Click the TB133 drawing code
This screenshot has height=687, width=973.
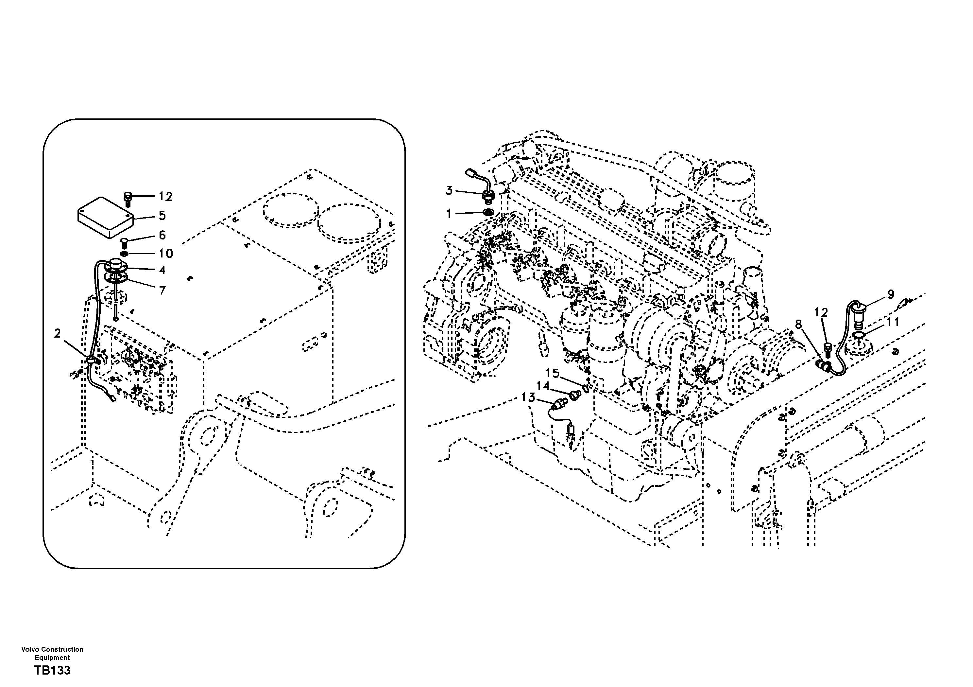tap(52, 671)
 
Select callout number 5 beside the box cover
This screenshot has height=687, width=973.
tap(162, 216)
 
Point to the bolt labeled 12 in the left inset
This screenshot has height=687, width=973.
tap(128, 199)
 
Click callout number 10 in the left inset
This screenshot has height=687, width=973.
tap(166, 254)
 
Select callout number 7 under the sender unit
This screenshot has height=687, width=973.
tap(162, 291)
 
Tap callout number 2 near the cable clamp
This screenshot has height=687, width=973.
tap(58, 334)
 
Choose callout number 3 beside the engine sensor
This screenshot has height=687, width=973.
tap(449, 190)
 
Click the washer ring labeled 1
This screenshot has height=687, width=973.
tap(488, 212)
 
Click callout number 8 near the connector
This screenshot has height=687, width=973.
tap(798, 325)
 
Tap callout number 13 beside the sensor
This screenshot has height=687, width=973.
tap(528, 397)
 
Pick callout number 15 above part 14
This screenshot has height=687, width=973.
tap(552, 373)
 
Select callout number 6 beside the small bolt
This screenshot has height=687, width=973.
tap(162, 235)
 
